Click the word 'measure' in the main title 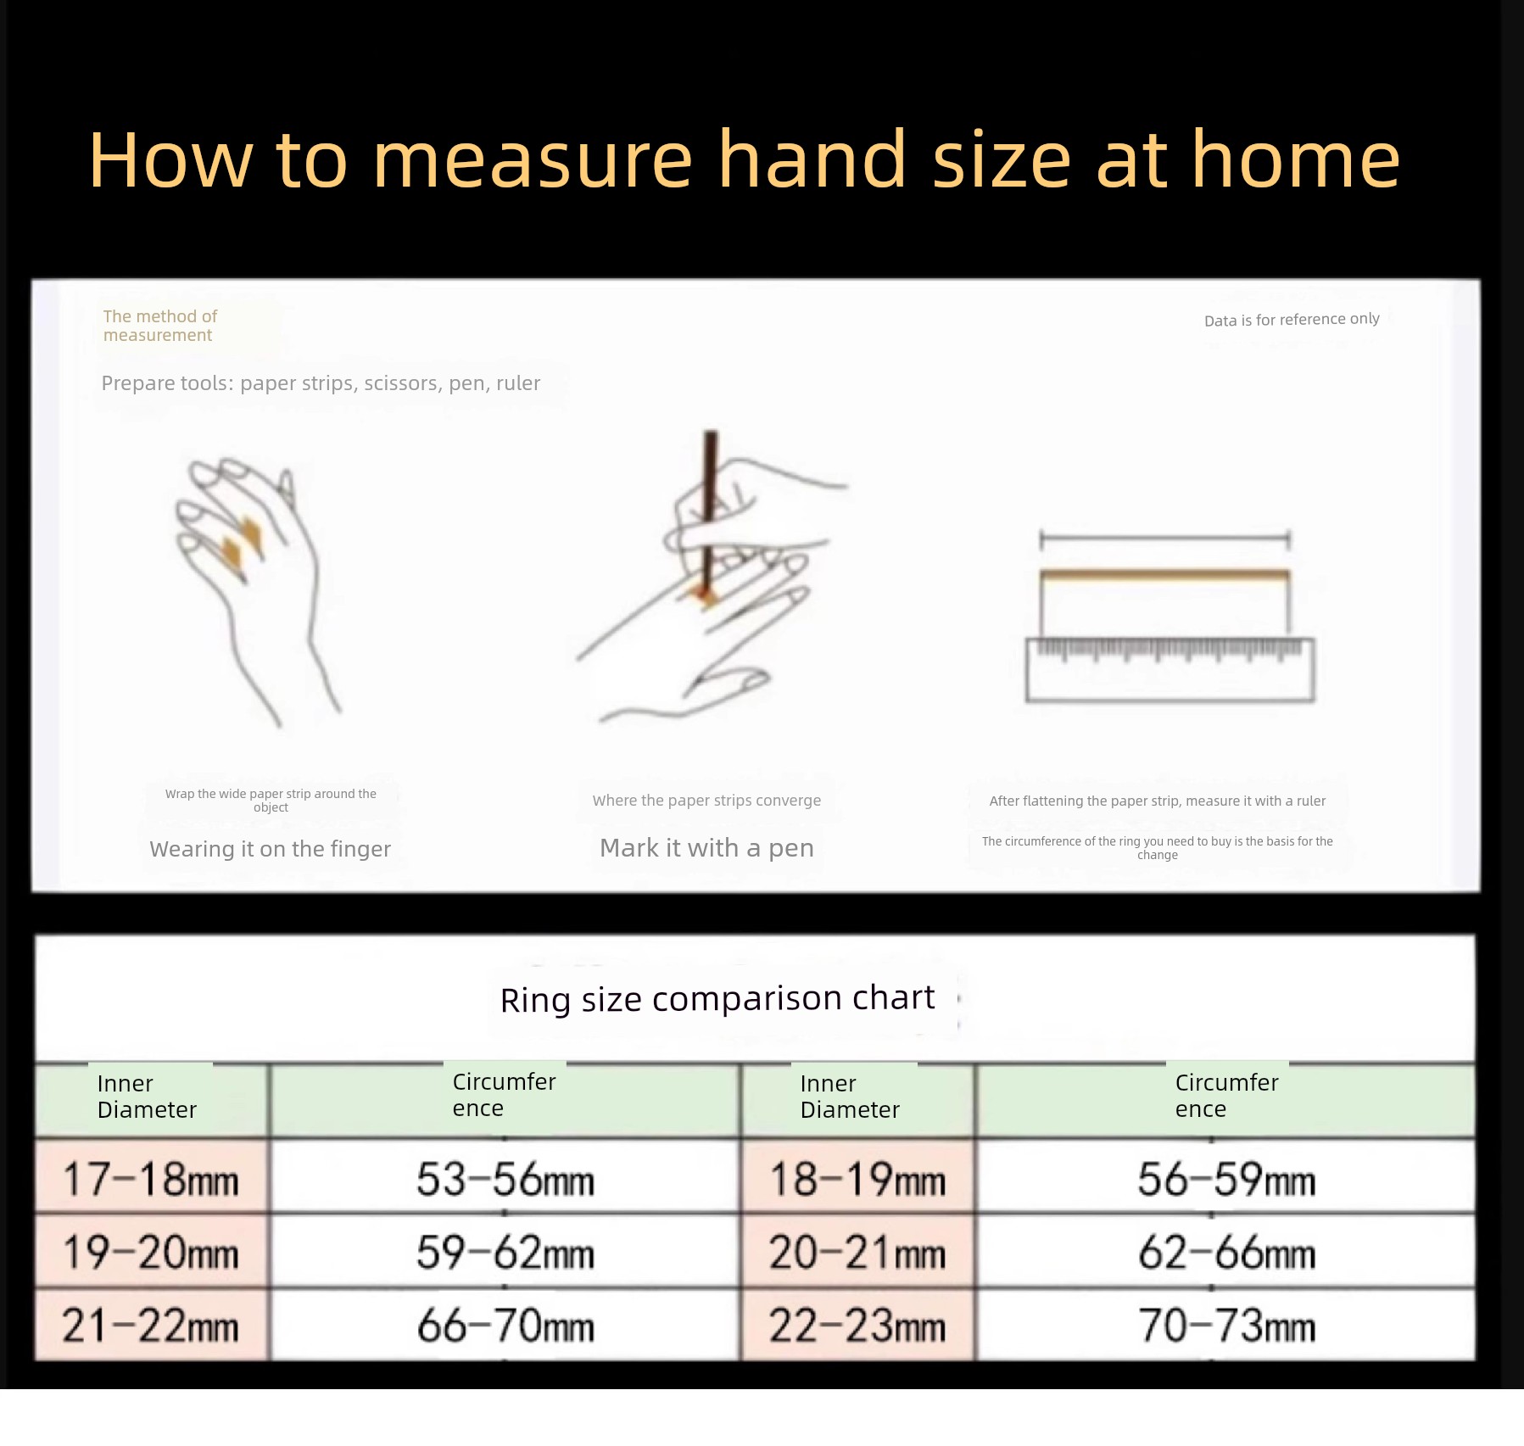(533, 160)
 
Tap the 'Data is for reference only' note (1292, 320)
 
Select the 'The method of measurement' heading (160, 326)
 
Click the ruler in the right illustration (1170, 670)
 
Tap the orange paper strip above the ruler (1164, 576)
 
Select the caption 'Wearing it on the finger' (271, 849)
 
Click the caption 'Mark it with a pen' (706, 848)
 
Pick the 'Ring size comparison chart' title (717, 998)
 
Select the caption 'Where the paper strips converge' (706, 801)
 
